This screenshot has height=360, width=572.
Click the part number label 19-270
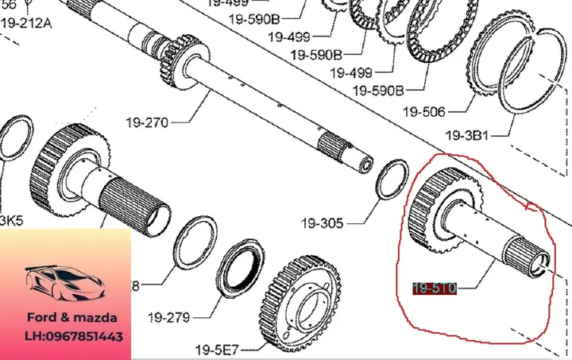tap(147, 122)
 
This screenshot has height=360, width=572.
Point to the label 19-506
tap(423, 111)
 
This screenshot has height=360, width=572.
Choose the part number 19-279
tap(168, 318)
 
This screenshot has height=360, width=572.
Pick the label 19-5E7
tap(217, 349)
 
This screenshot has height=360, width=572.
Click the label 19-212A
tap(25, 22)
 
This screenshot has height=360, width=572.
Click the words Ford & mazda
tap(66, 316)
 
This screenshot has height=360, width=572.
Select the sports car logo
tap(64, 280)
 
